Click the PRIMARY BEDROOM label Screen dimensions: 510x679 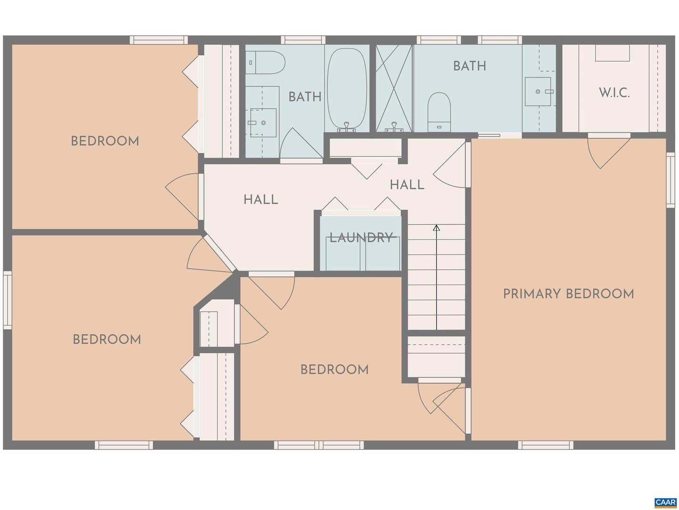(568, 294)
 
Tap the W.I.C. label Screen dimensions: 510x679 (614, 93)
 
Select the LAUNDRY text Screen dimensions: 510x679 (361, 238)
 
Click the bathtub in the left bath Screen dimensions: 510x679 (347, 90)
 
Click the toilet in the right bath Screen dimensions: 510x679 (439, 112)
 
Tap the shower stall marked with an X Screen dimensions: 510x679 (394, 88)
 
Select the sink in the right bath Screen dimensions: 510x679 (538, 92)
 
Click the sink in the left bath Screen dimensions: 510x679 (263, 123)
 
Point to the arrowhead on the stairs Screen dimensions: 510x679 (437, 228)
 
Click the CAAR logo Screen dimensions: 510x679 (665, 502)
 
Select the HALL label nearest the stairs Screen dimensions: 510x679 (407, 185)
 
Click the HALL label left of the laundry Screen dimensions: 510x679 (261, 200)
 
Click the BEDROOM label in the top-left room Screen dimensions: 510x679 (105, 141)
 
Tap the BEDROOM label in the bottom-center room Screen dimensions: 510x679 (334, 369)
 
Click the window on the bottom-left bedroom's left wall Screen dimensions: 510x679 (7, 300)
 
